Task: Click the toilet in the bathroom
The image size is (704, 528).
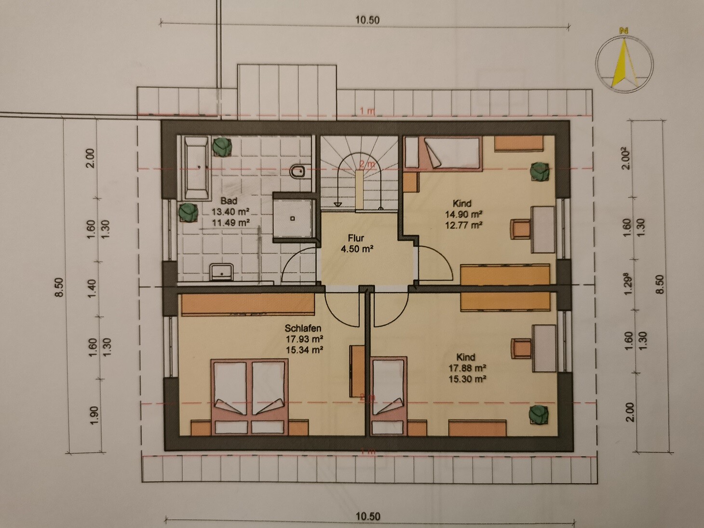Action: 298,172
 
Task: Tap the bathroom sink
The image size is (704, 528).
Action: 221,271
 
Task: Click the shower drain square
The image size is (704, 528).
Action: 293,218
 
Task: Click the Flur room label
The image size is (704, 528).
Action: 356,239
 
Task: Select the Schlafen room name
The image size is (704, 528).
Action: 303,328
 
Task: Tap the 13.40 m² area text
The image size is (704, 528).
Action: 230,212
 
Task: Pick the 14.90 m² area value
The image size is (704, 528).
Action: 463,214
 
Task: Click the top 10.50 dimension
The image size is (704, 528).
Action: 367,21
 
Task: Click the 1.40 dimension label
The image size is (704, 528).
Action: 92,288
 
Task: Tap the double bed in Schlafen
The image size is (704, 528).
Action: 249,397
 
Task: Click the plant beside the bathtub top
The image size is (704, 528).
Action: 222,147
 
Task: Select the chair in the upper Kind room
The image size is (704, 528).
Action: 520,229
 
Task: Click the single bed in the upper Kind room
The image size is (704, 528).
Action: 444,153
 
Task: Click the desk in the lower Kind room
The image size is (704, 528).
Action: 543,348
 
